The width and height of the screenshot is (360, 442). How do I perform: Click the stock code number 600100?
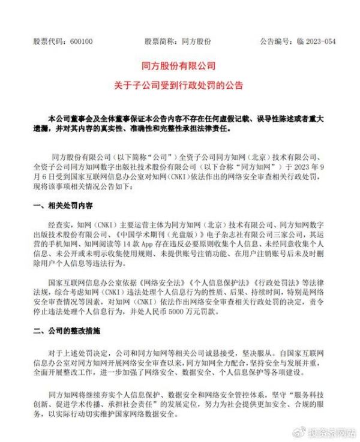point(80,43)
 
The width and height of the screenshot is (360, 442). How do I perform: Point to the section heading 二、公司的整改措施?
point(67,330)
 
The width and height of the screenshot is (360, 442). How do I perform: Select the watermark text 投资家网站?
point(330,431)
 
